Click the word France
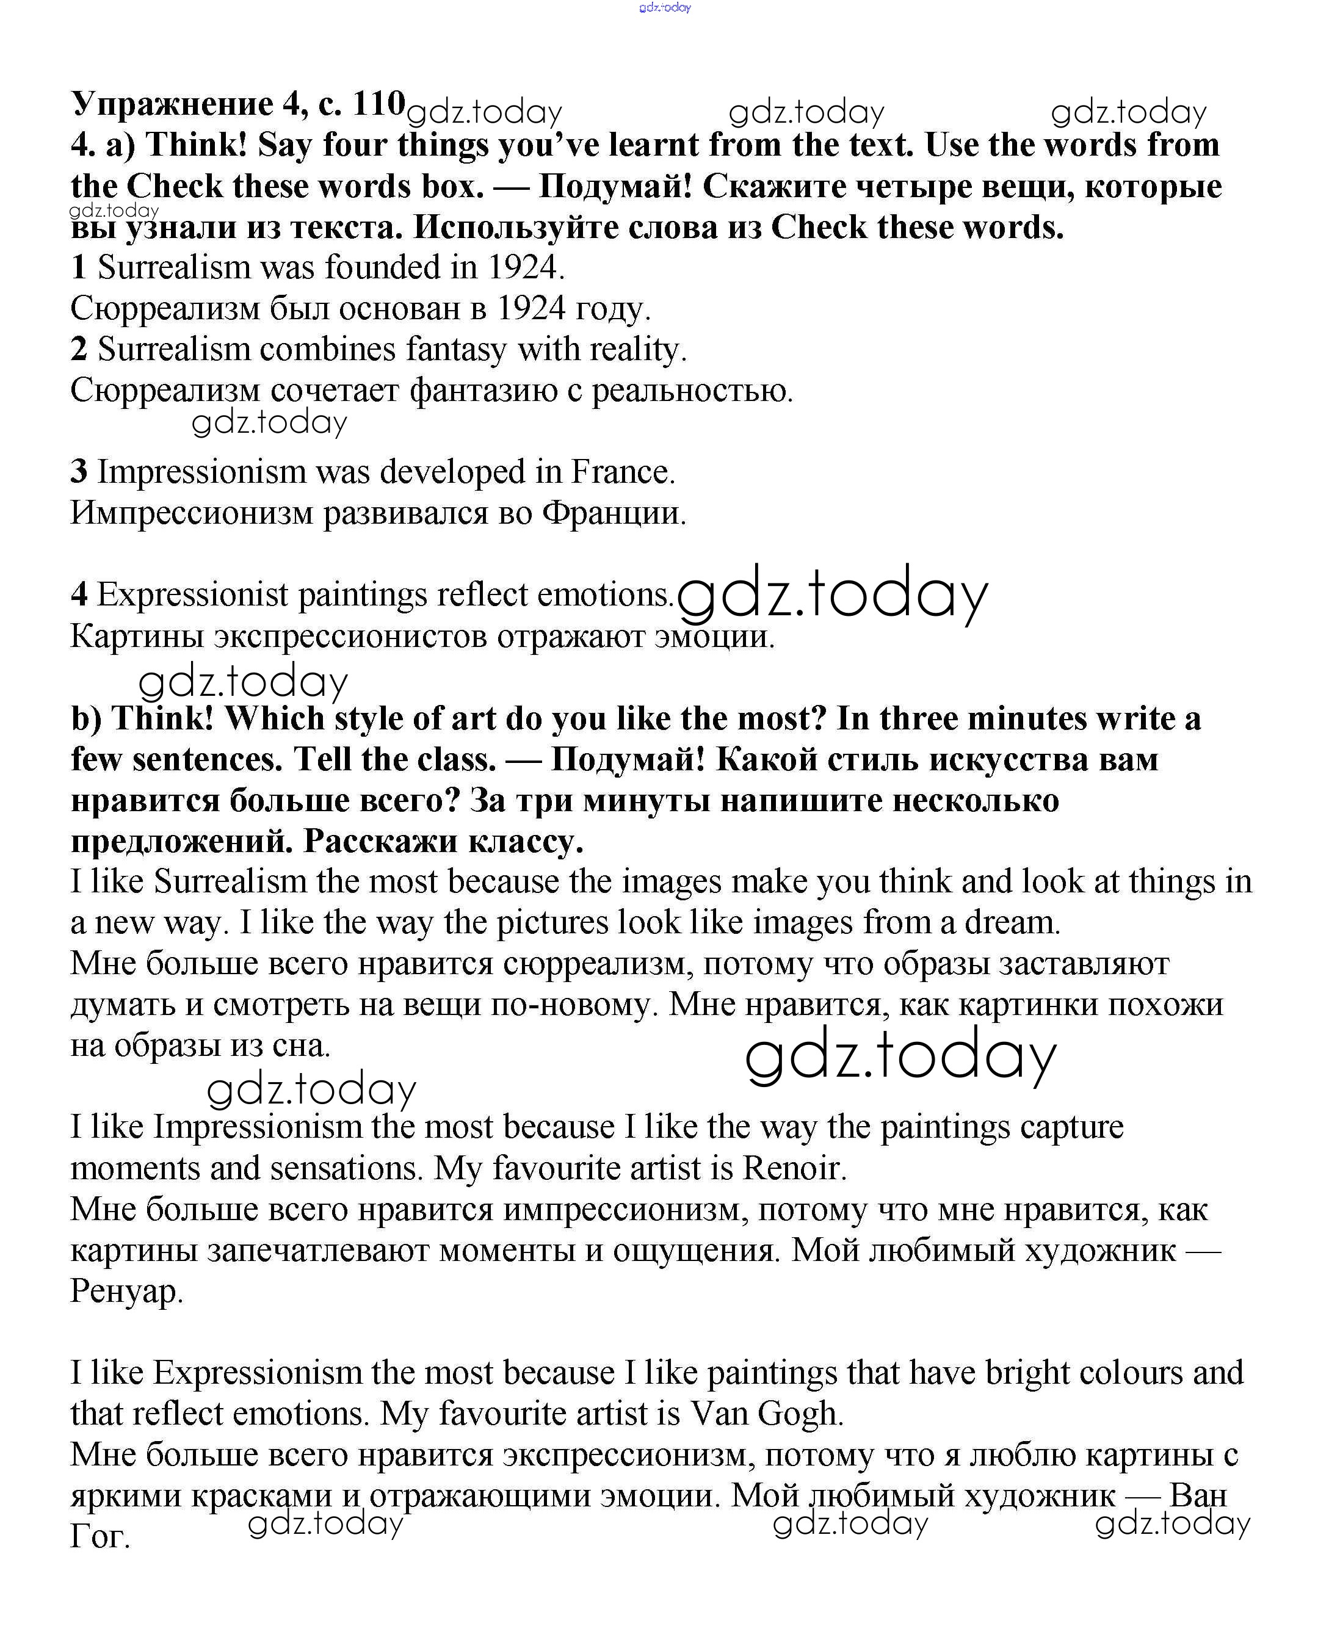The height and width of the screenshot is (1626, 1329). tap(623, 472)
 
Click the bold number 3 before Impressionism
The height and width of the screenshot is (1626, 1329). tap(79, 472)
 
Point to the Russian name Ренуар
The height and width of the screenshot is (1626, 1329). tap(126, 1292)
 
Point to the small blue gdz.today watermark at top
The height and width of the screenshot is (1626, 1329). tap(664, 8)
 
